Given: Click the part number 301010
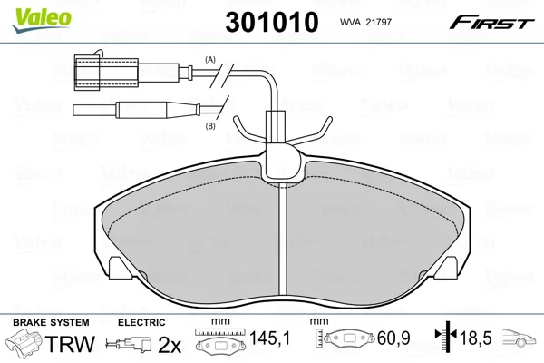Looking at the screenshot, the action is coord(272,22).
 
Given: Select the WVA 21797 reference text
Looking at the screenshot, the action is coord(365,22).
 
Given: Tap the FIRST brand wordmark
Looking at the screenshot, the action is coord(492,22).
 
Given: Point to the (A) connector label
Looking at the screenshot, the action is coord(210,60).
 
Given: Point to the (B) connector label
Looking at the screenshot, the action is coord(210,126).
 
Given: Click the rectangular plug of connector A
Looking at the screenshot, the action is coord(106,73).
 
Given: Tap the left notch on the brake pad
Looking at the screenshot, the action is coord(120,268).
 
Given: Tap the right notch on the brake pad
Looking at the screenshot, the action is coord(448,268).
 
